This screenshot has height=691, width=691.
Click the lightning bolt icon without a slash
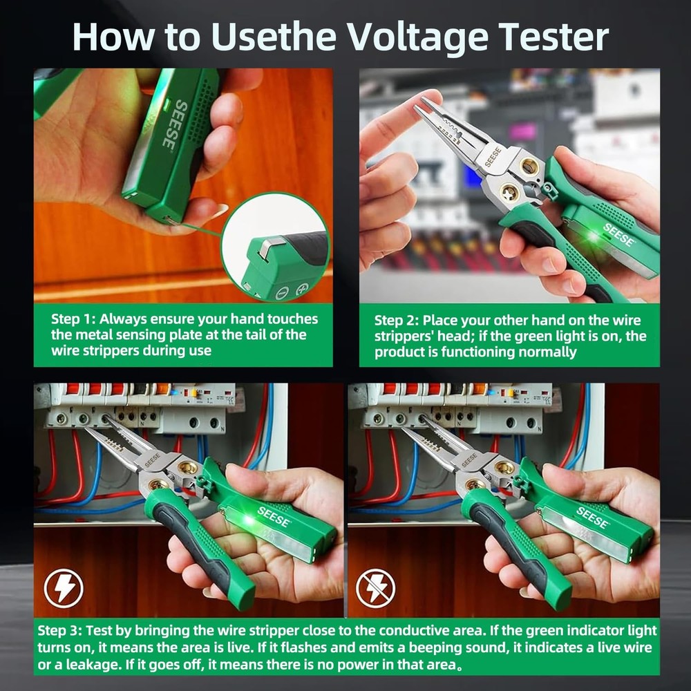click(x=64, y=588)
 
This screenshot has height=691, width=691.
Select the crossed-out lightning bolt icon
click(x=375, y=588)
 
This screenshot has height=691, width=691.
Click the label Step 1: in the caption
click(x=74, y=319)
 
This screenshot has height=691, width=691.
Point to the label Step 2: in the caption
click(x=397, y=321)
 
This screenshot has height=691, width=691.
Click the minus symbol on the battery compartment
click(x=281, y=293)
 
